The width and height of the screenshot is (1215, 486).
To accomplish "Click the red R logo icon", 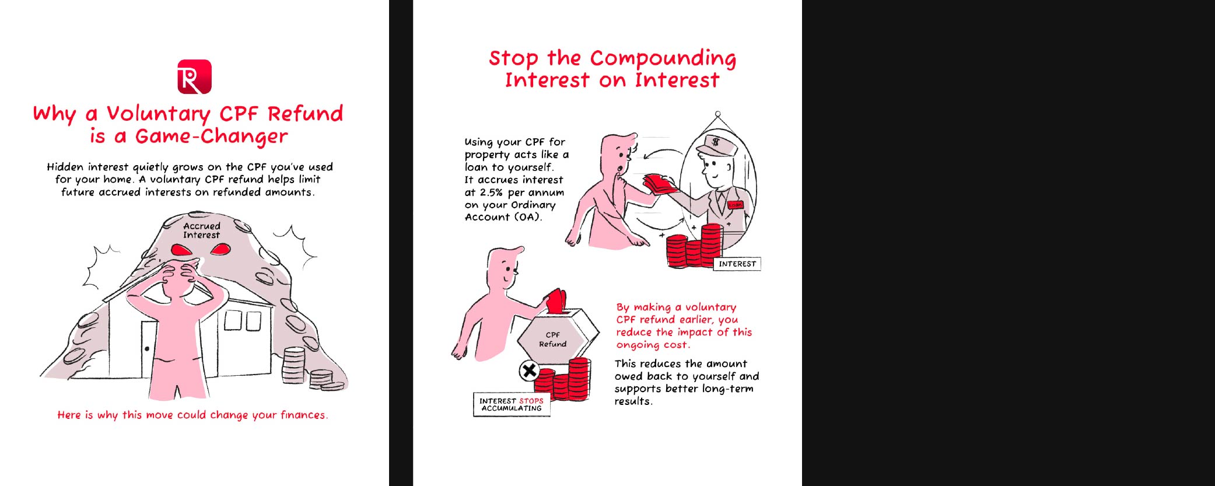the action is pyautogui.click(x=194, y=76).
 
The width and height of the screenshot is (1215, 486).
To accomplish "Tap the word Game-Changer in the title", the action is pyautogui.click(x=212, y=137).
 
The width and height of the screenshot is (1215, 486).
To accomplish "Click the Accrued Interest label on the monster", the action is pyautogui.click(x=202, y=230).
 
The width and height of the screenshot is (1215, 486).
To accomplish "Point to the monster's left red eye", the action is pyautogui.click(x=181, y=250).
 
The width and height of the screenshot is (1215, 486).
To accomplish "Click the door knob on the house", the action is pyautogui.click(x=147, y=349).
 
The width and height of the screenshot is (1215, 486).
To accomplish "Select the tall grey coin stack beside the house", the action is pyautogui.click(x=293, y=365).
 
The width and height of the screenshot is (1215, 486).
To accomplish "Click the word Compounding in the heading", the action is pyautogui.click(x=663, y=59).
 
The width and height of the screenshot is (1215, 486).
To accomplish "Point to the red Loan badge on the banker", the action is pyautogui.click(x=736, y=205).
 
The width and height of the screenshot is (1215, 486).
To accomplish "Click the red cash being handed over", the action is pyautogui.click(x=660, y=184).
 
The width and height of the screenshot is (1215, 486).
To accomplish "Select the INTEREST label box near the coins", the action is pyautogui.click(x=737, y=264).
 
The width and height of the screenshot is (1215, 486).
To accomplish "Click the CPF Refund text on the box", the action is pyautogui.click(x=552, y=340).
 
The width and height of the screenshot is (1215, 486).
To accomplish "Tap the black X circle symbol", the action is pyautogui.click(x=529, y=370).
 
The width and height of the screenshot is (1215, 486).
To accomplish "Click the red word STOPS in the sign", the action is pyautogui.click(x=531, y=401).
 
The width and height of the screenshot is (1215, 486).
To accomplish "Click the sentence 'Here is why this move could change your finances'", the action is pyautogui.click(x=192, y=415).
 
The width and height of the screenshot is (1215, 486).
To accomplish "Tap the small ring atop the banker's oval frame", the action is pyautogui.click(x=718, y=114).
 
